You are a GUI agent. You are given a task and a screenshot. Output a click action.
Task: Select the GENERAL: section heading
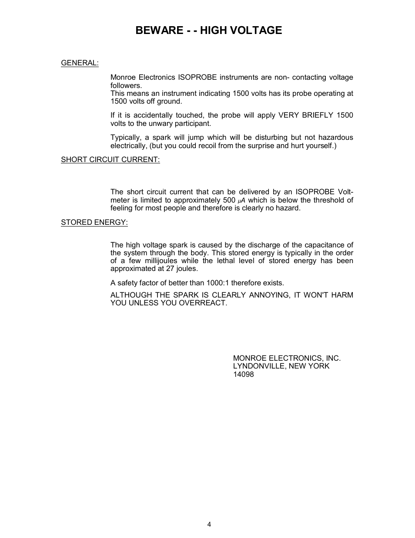[x=80, y=63]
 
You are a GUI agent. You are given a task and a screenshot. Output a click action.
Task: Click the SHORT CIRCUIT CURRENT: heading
[x=110, y=159]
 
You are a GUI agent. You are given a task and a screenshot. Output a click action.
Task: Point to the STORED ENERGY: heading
[x=94, y=222]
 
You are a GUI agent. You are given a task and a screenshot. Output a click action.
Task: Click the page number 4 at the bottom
[x=209, y=524]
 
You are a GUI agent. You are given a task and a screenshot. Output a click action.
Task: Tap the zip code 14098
[x=243, y=374]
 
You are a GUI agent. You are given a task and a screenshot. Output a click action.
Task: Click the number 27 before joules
[x=170, y=269]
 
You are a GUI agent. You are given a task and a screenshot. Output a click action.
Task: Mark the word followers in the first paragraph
[x=126, y=85]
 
